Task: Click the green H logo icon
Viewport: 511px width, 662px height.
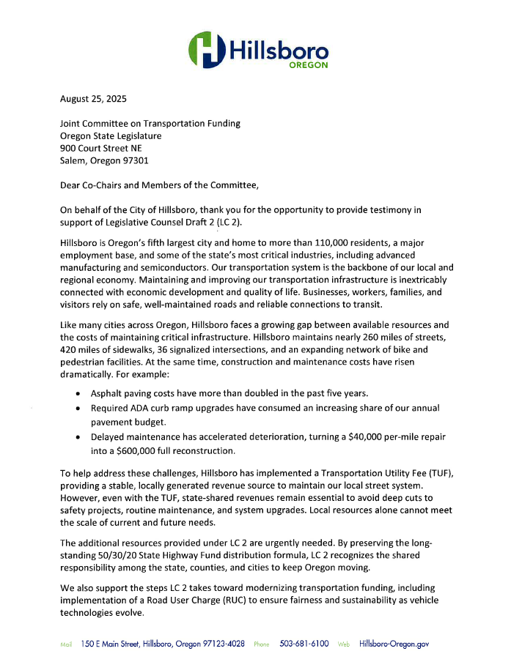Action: (x=206, y=49)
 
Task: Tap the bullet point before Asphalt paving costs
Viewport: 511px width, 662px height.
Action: (x=79, y=394)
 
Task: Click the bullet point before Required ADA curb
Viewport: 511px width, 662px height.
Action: (x=79, y=407)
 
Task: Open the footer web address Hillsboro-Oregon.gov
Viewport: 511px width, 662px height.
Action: (x=394, y=644)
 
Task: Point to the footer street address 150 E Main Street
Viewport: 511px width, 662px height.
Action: (x=122, y=644)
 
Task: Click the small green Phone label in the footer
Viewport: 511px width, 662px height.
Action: (x=262, y=644)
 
